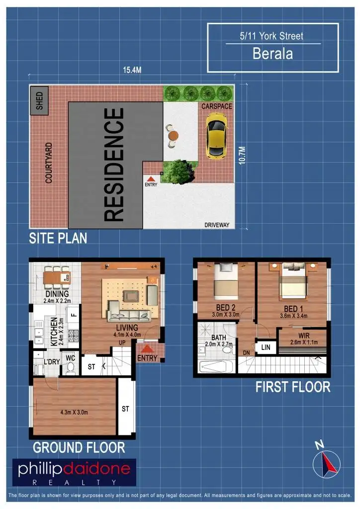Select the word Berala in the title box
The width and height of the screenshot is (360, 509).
click(x=272, y=54)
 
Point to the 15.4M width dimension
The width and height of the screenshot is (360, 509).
click(x=132, y=70)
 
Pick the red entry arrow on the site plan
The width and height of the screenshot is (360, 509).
click(x=151, y=178)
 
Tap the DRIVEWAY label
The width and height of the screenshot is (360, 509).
click(x=217, y=225)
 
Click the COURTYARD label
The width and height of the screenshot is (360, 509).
click(x=49, y=163)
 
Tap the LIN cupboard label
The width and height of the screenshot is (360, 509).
click(x=266, y=347)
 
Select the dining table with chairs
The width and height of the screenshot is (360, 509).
click(x=56, y=278)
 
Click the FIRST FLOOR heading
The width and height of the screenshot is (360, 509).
click(x=293, y=387)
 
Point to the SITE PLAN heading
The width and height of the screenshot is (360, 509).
click(x=58, y=238)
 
